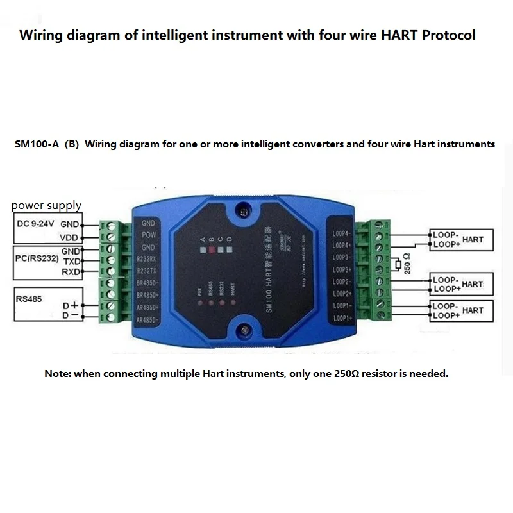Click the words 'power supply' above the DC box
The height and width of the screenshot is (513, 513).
coord(46,206)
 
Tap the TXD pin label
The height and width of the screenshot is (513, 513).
coord(71,262)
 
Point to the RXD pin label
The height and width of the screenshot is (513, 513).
coord(71,272)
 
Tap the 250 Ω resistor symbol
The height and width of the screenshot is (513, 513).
coord(399,264)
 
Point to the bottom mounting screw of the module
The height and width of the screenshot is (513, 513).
coord(244,330)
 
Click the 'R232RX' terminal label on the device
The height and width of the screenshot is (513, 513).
coord(147,260)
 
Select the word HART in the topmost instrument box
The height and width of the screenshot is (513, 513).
coord(473,239)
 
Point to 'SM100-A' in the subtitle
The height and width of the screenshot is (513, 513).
coord(37,144)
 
